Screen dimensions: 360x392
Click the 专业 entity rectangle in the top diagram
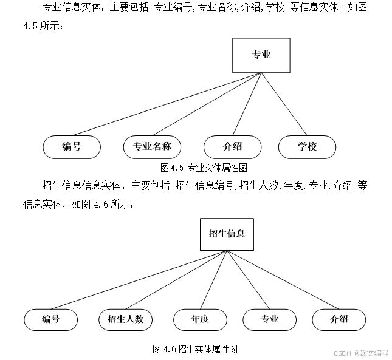coord(261,55)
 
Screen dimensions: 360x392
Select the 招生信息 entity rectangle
coord(227,234)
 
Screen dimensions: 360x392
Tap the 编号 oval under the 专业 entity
coord(72,147)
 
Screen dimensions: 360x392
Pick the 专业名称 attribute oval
coord(153,147)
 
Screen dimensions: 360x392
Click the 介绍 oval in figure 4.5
coord(232,147)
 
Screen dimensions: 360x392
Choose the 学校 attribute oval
coord(307,147)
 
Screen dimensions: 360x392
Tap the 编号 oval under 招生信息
coord(51,319)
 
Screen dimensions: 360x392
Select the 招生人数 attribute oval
coord(125,319)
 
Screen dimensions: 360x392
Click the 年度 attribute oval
coord(200,319)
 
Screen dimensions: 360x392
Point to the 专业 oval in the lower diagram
coord(269,319)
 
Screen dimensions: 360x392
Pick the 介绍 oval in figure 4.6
coord(339,319)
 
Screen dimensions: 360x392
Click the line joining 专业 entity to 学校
coord(284,104)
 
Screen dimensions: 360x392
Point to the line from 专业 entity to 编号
coord(167,104)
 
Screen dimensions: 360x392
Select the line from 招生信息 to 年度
coord(213,280)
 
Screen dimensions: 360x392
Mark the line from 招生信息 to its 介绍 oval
coord(283,280)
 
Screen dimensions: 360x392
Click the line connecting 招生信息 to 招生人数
coord(176,280)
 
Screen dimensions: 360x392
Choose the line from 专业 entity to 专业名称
coord(207,104)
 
